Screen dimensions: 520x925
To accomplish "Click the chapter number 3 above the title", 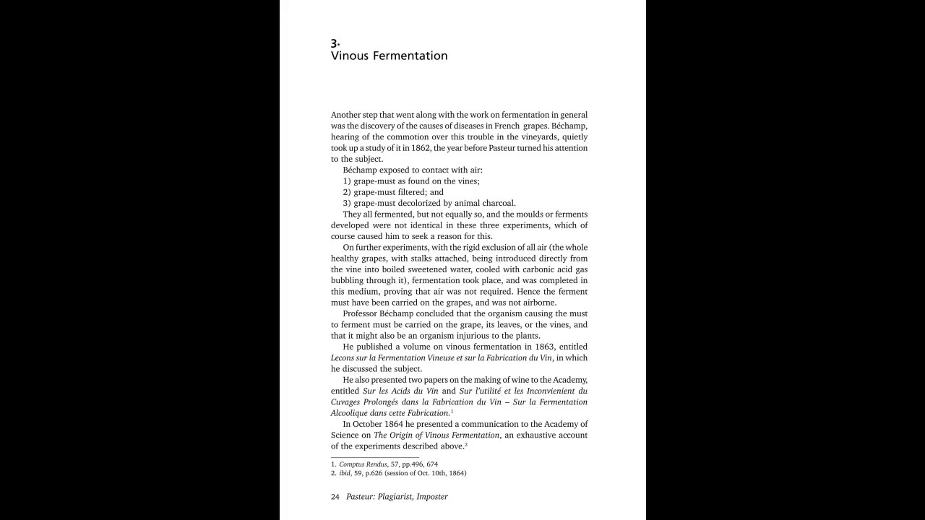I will (335, 42).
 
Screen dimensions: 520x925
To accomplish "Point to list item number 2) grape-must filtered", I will (393, 192).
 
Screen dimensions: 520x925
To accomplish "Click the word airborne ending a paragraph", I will (538, 303).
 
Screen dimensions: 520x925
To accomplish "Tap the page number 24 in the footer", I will (335, 497).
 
